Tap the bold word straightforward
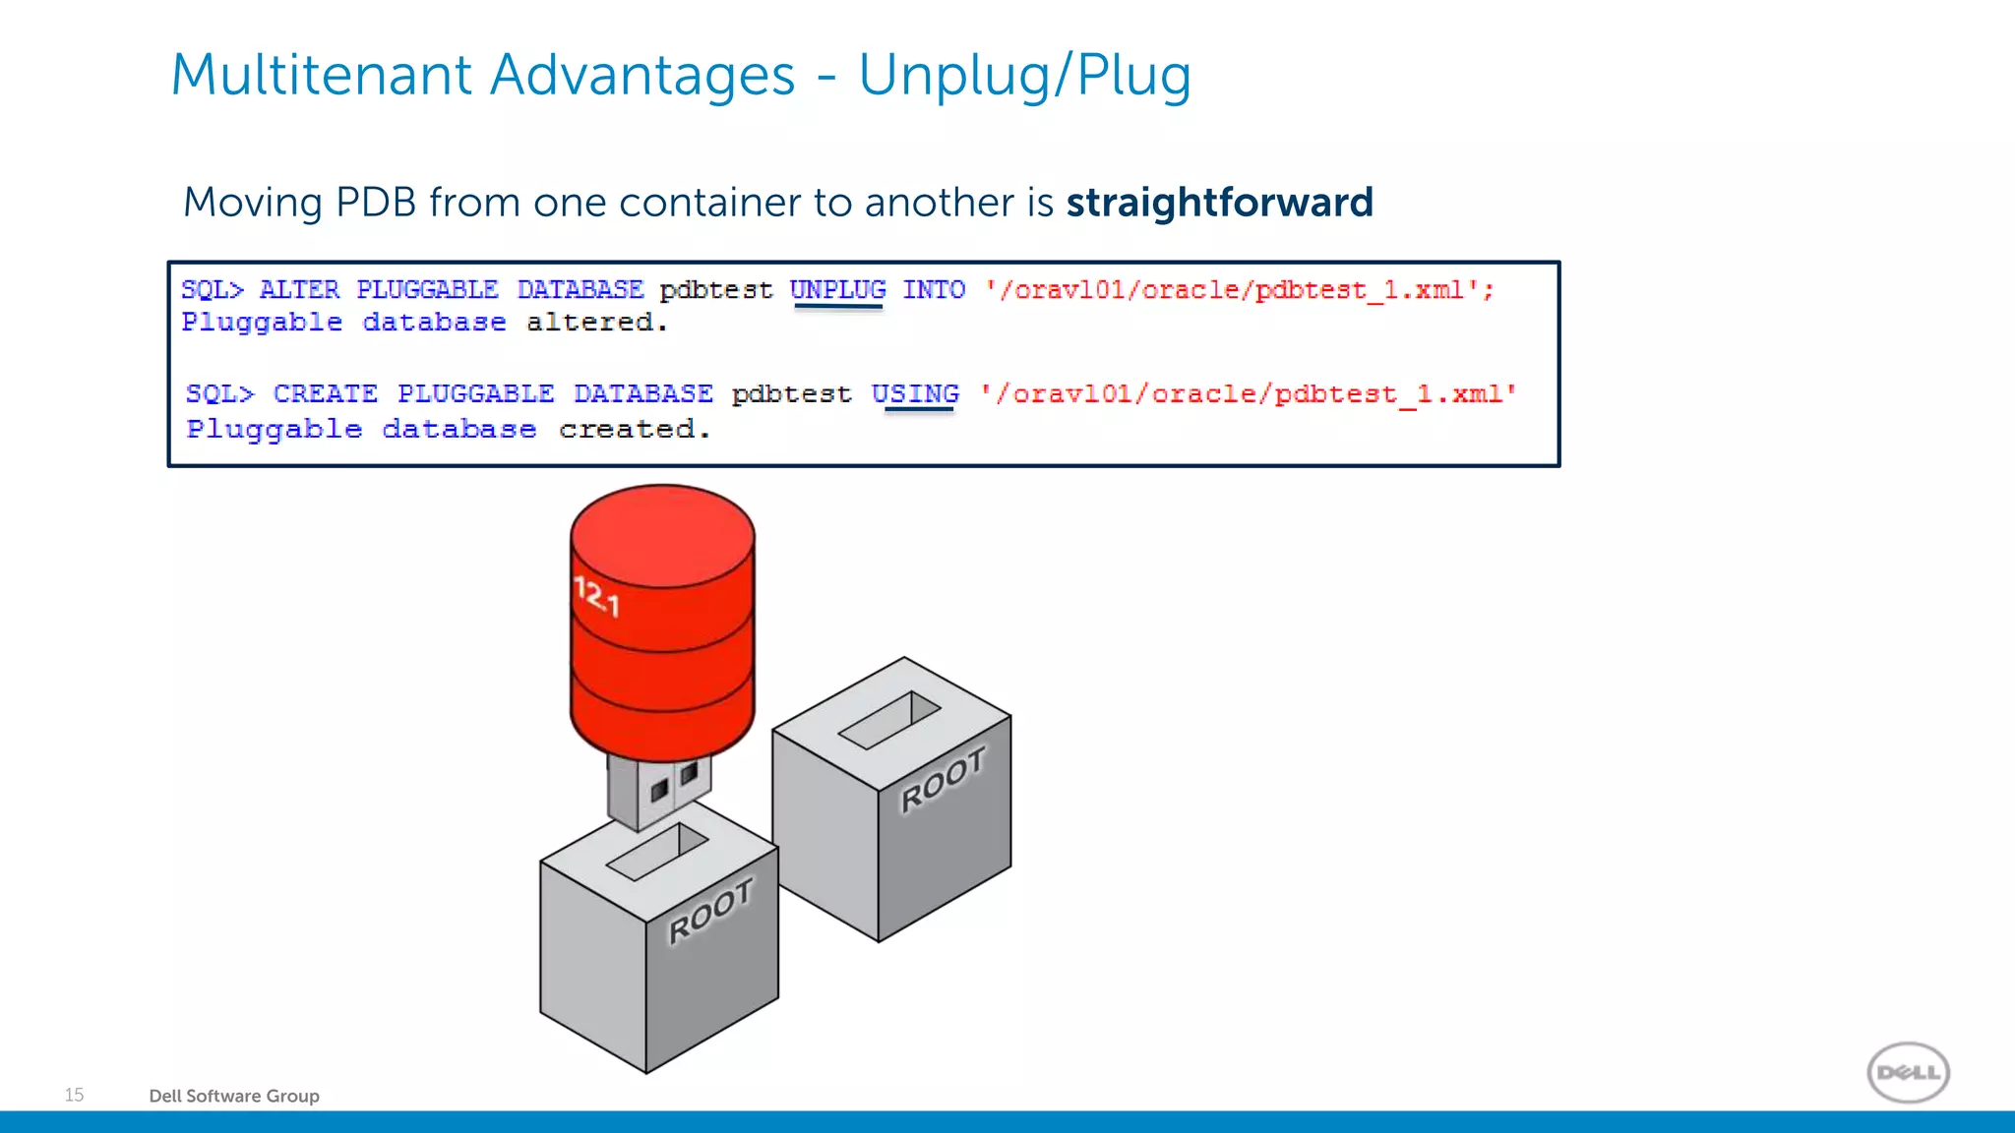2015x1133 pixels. pos(1219,203)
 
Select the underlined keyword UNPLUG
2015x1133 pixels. pos(837,290)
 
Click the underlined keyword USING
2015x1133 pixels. pos(915,393)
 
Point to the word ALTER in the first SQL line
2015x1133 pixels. pos(299,290)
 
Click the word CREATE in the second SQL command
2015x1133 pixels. pos(325,393)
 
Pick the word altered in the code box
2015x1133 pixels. pos(596,323)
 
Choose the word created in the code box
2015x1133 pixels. pos(634,430)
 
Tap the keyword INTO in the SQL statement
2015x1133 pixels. pos(934,290)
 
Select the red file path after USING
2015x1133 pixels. pos(1248,394)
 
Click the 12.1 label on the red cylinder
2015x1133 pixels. pos(597,596)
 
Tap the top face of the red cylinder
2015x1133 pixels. pos(662,536)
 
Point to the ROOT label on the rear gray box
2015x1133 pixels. pos(943,779)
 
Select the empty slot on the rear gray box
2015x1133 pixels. pos(888,720)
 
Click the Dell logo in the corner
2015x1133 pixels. pos(1908,1072)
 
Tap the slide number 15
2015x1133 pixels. pos(74,1095)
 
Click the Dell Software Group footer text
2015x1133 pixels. pos(234,1096)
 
